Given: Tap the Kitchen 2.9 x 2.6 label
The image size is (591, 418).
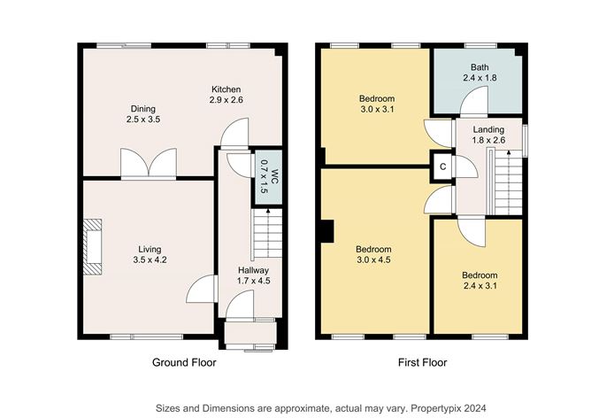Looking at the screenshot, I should tap(226, 95).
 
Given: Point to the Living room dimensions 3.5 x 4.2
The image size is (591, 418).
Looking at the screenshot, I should tap(149, 260).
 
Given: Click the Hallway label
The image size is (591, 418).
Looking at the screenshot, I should tap(252, 270).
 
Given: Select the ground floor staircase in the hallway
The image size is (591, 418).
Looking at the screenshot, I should tap(262, 235).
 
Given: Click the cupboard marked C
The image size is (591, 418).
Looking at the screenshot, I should tap(442, 165).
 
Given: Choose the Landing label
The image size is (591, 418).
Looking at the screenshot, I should tap(487, 130).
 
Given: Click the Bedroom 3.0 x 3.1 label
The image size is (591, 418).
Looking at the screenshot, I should tap(376, 103).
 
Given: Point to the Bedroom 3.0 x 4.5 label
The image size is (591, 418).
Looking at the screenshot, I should tap(374, 253).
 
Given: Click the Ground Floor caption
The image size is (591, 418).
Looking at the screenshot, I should tap(181, 361).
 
